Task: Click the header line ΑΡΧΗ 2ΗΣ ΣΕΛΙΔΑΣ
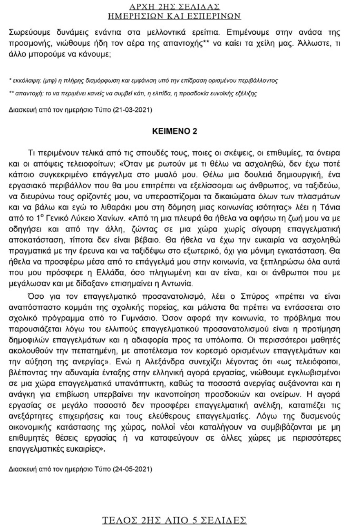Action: click(x=180, y=7)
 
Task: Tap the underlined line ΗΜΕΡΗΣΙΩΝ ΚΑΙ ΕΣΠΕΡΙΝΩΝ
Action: click(x=180, y=16)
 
